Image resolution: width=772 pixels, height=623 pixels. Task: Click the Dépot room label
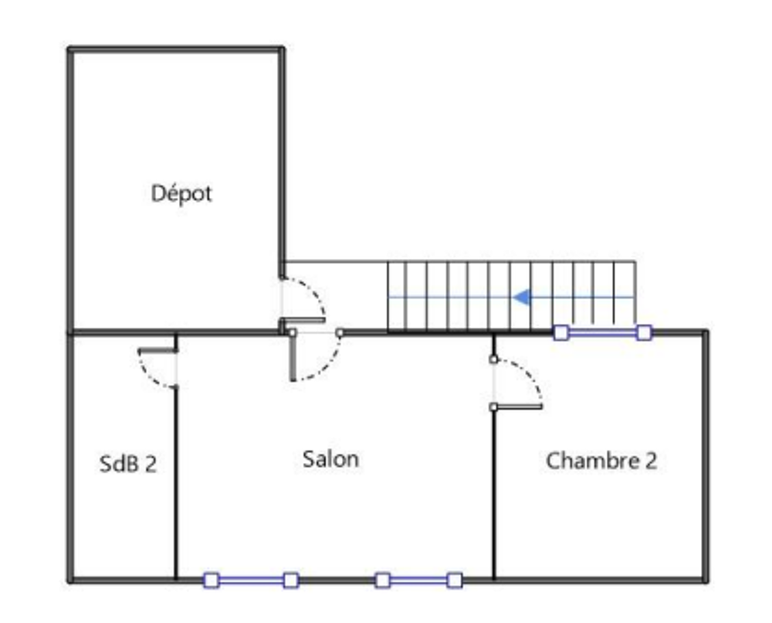181,193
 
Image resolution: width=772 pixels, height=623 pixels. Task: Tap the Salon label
330,459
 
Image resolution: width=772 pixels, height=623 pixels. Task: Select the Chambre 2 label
601,461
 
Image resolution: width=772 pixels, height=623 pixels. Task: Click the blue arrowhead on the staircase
523,297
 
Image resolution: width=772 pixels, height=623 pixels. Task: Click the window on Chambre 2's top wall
602,332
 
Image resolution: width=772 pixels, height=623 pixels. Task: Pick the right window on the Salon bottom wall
418,580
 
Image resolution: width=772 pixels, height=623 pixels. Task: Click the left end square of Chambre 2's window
561,332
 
